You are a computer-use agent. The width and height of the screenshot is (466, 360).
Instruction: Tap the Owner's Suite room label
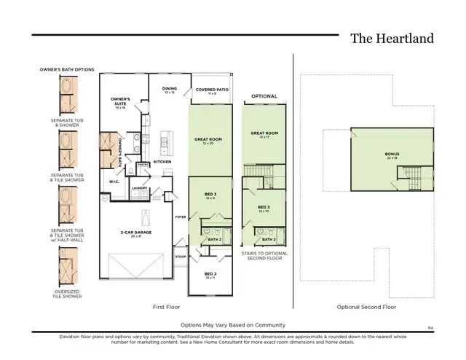pyautogui.click(x=119, y=100)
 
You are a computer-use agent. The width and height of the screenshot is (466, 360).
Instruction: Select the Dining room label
pyautogui.click(x=168, y=90)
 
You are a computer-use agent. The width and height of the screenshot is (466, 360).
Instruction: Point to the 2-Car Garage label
pyautogui.click(x=136, y=234)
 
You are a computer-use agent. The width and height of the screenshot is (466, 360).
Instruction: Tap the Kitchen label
pyautogui.click(x=162, y=161)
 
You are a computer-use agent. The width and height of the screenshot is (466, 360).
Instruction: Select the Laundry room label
pyautogui.click(x=140, y=187)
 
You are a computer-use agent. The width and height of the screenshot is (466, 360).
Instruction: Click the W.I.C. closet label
pyautogui.click(x=114, y=181)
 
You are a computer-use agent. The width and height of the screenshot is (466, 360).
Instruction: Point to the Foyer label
pyautogui.click(x=181, y=217)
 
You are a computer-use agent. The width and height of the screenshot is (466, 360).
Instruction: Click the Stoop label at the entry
pyautogui.click(x=181, y=257)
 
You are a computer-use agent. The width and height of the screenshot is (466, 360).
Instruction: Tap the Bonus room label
pyautogui.click(x=392, y=154)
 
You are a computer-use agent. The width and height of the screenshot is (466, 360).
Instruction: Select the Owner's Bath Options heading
pyautogui.click(x=67, y=69)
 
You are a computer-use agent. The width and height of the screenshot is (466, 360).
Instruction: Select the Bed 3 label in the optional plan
pyautogui.click(x=264, y=208)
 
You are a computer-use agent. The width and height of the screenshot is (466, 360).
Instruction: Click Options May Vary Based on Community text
pyautogui.click(x=233, y=324)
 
